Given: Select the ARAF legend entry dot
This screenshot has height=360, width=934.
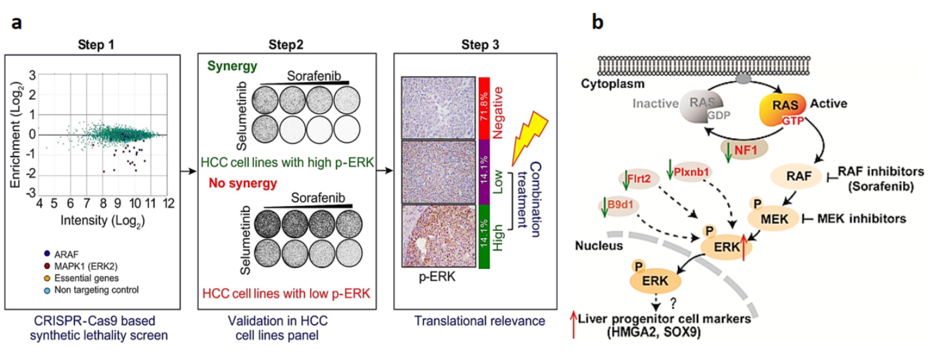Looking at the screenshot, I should click(47, 254).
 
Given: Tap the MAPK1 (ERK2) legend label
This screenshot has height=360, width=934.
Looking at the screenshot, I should click(86, 266).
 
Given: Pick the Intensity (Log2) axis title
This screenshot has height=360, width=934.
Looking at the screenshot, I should click(103, 221).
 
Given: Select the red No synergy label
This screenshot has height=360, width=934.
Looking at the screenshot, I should click(243, 183).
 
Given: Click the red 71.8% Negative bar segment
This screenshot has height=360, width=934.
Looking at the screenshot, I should click(484, 108).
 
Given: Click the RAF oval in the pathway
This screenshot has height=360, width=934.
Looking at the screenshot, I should click(798, 177).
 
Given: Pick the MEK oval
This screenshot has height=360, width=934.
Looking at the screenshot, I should click(774, 219).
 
